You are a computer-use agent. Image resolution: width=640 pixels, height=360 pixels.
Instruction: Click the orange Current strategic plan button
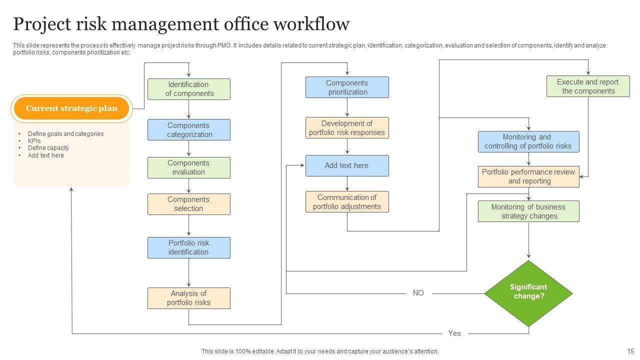[x=71, y=108]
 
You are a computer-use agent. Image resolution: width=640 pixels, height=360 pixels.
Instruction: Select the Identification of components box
[x=188, y=89]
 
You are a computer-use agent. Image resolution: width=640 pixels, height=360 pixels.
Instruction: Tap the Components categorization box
[x=188, y=130]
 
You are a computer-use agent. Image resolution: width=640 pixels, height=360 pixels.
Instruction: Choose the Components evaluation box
[x=188, y=167]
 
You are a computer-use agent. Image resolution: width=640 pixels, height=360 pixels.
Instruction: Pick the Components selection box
[x=188, y=204]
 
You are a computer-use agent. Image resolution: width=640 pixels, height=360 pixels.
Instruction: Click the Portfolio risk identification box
[x=188, y=247]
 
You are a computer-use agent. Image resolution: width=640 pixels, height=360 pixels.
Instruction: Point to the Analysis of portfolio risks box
[x=188, y=298]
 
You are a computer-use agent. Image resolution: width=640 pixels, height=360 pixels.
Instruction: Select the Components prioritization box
[x=347, y=87]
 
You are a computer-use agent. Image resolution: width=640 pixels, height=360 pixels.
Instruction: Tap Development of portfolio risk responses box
[x=347, y=128]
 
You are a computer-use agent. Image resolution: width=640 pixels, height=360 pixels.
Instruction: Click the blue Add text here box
[x=347, y=165]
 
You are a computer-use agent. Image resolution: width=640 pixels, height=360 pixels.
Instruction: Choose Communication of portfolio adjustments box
[x=347, y=202]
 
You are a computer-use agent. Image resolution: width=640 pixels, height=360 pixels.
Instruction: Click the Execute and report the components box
[x=587, y=86]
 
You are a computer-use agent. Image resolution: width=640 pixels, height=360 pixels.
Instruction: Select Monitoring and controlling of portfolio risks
[x=528, y=141]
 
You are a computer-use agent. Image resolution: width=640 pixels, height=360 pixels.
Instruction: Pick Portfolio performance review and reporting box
[x=528, y=176]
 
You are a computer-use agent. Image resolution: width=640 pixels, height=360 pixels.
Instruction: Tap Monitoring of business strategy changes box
[x=528, y=211]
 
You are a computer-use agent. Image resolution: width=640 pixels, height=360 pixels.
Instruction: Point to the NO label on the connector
[x=418, y=293]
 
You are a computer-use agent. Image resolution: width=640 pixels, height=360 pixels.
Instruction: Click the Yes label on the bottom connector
[x=454, y=333]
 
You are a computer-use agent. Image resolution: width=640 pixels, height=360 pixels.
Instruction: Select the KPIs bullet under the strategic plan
[x=34, y=141]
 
